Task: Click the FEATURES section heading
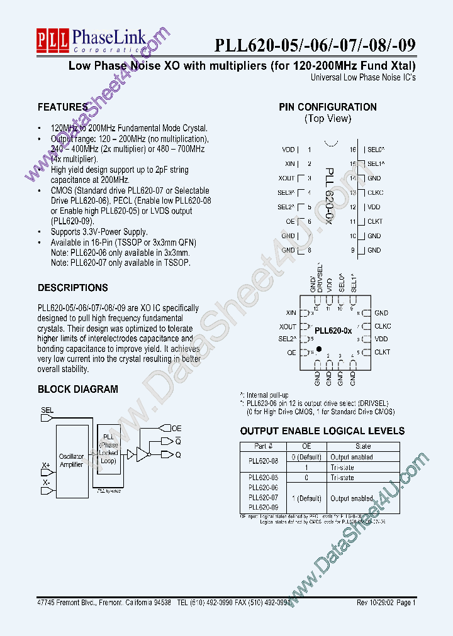pyautogui.click(x=62, y=107)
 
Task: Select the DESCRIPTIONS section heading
pyautogui.click(x=73, y=288)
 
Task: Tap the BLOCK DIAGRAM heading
pyautogui.click(x=78, y=390)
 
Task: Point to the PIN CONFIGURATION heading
pyautogui.click(x=328, y=107)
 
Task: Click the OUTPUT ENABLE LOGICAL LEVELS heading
pyautogui.click(x=322, y=431)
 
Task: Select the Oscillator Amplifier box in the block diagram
pyautogui.click(x=71, y=461)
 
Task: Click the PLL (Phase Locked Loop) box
pyautogui.click(x=108, y=447)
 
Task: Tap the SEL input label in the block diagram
pyautogui.click(x=47, y=410)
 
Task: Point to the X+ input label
pyautogui.click(x=46, y=466)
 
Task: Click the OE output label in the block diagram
pyautogui.click(x=176, y=428)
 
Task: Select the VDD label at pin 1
pyautogui.click(x=288, y=150)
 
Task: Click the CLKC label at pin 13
pyautogui.click(x=375, y=193)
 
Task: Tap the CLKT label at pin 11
pyautogui.click(x=375, y=222)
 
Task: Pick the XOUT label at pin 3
pyautogui.click(x=286, y=178)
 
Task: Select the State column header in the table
pyautogui.click(x=364, y=446)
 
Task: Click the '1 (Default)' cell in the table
pyautogui.click(x=306, y=498)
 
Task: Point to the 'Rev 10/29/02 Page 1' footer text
pyautogui.click(x=386, y=602)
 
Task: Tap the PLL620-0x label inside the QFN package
pyautogui.click(x=333, y=331)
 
